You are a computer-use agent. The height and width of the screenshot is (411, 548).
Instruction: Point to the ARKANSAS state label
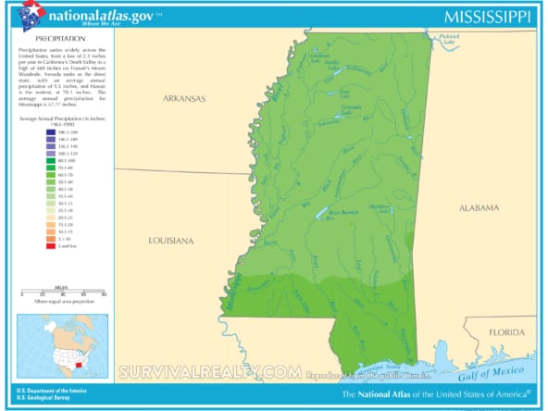[184, 97]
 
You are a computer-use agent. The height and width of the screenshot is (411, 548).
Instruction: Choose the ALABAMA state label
[479, 208]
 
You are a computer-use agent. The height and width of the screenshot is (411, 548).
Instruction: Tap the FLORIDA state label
[507, 331]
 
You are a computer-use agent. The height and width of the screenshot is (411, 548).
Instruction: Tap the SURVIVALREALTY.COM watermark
[208, 372]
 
